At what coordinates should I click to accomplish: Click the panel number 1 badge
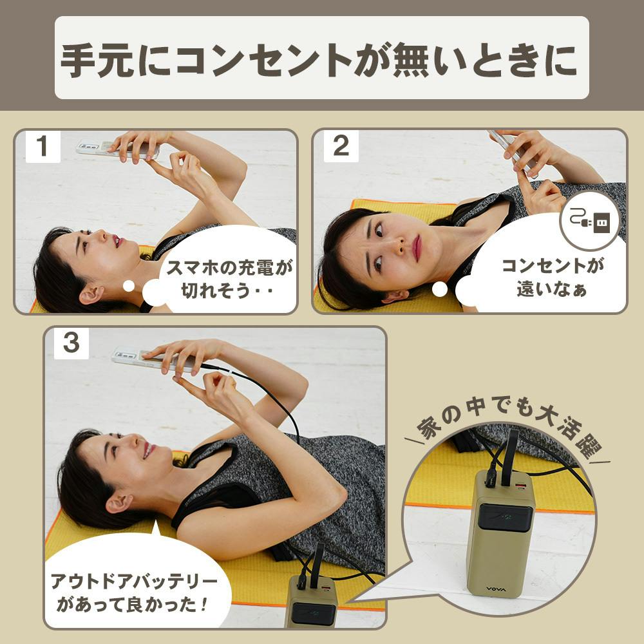click(43, 146)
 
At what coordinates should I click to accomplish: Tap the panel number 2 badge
click(341, 146)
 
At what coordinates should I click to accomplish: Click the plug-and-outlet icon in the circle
click(589, 222)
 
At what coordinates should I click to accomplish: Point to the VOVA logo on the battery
click(496, 589)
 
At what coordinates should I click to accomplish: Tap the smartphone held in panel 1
click(117, 149)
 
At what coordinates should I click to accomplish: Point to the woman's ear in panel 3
click(119, 502)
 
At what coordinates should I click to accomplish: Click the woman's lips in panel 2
click(417, 248)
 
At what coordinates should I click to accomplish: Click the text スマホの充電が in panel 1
click(229, 268)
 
